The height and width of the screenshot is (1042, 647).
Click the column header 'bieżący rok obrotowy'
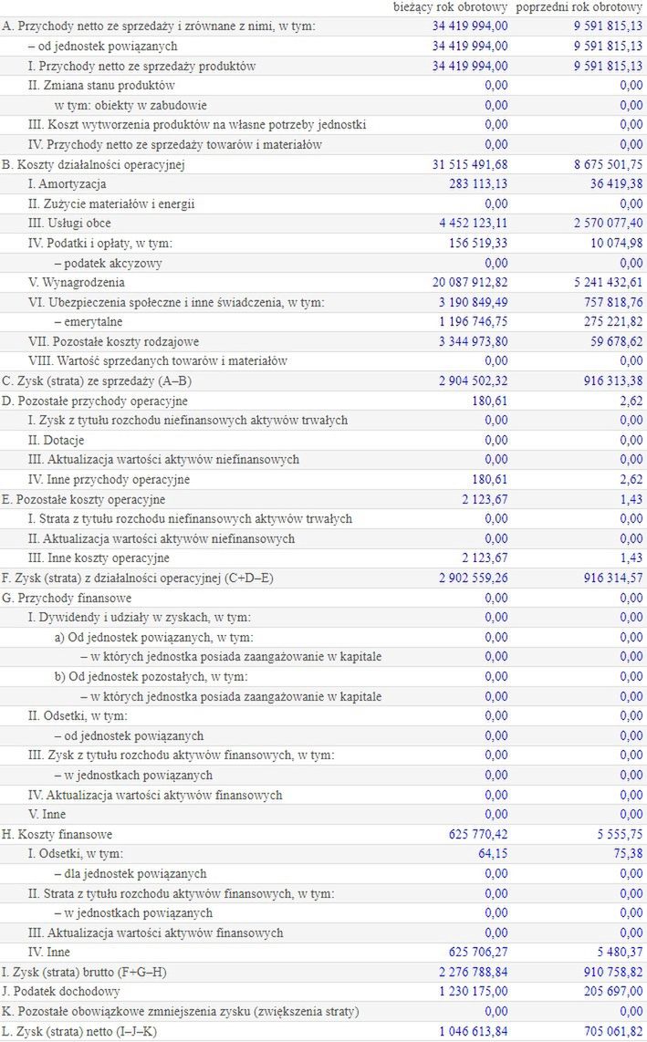pos(450,7)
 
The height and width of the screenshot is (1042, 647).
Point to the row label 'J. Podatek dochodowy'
pos(61,991)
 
